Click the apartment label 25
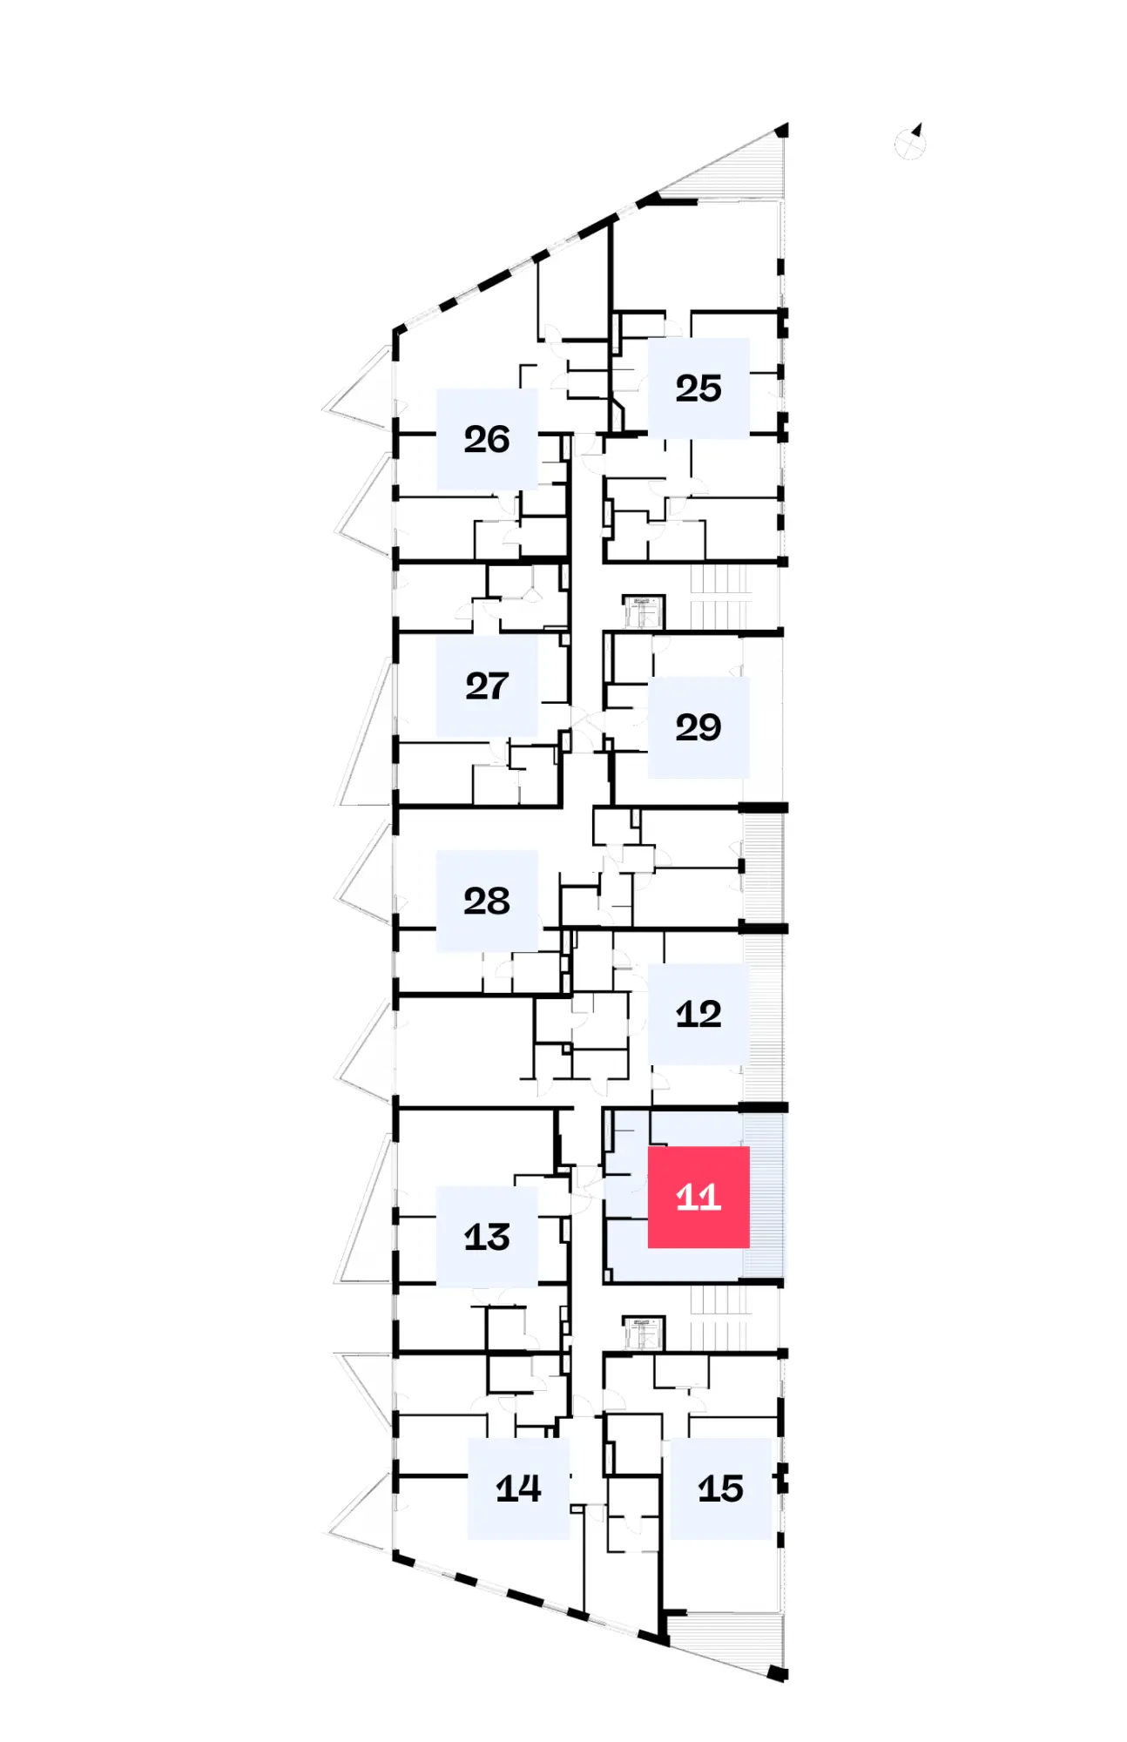(698, 388)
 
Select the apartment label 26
(487, 439)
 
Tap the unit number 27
(487, 685)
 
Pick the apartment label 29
(698, 727)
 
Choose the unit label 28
(487, 901)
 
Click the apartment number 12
(698, 1014)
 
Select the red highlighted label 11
(698, 1197)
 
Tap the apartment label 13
(487, 1237)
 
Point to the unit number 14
(518, 1489)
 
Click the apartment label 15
(720, 1489)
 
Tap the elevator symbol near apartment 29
(644, 611)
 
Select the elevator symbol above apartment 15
(644, 1331)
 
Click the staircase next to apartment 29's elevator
(720, 596)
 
